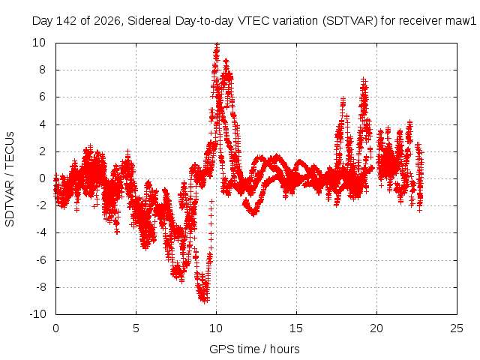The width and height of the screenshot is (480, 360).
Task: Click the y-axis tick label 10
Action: [x=39, y=43]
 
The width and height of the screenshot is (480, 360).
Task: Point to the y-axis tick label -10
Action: [x=37, y=314]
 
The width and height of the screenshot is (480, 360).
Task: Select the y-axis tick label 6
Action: [x=42, y=97]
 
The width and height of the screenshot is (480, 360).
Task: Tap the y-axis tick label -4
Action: [x=40, y=232]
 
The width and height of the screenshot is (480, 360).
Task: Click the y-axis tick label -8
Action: [x=40, y=287]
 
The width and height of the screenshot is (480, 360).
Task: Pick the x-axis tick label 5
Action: [x=136, y=328]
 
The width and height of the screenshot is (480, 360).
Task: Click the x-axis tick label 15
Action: [x=296, y=328]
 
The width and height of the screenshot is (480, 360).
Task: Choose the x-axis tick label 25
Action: [x=457, y=328]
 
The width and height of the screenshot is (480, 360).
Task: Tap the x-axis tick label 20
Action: [x=376, y=328]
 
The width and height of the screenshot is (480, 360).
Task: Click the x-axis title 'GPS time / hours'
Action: [x=254, y=349]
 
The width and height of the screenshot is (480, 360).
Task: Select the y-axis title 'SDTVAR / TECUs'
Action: [x=10, y=179]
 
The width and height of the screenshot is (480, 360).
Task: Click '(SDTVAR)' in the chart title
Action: [x=350, y=21]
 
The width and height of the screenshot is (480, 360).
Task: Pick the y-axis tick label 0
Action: [x=42, y=178]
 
